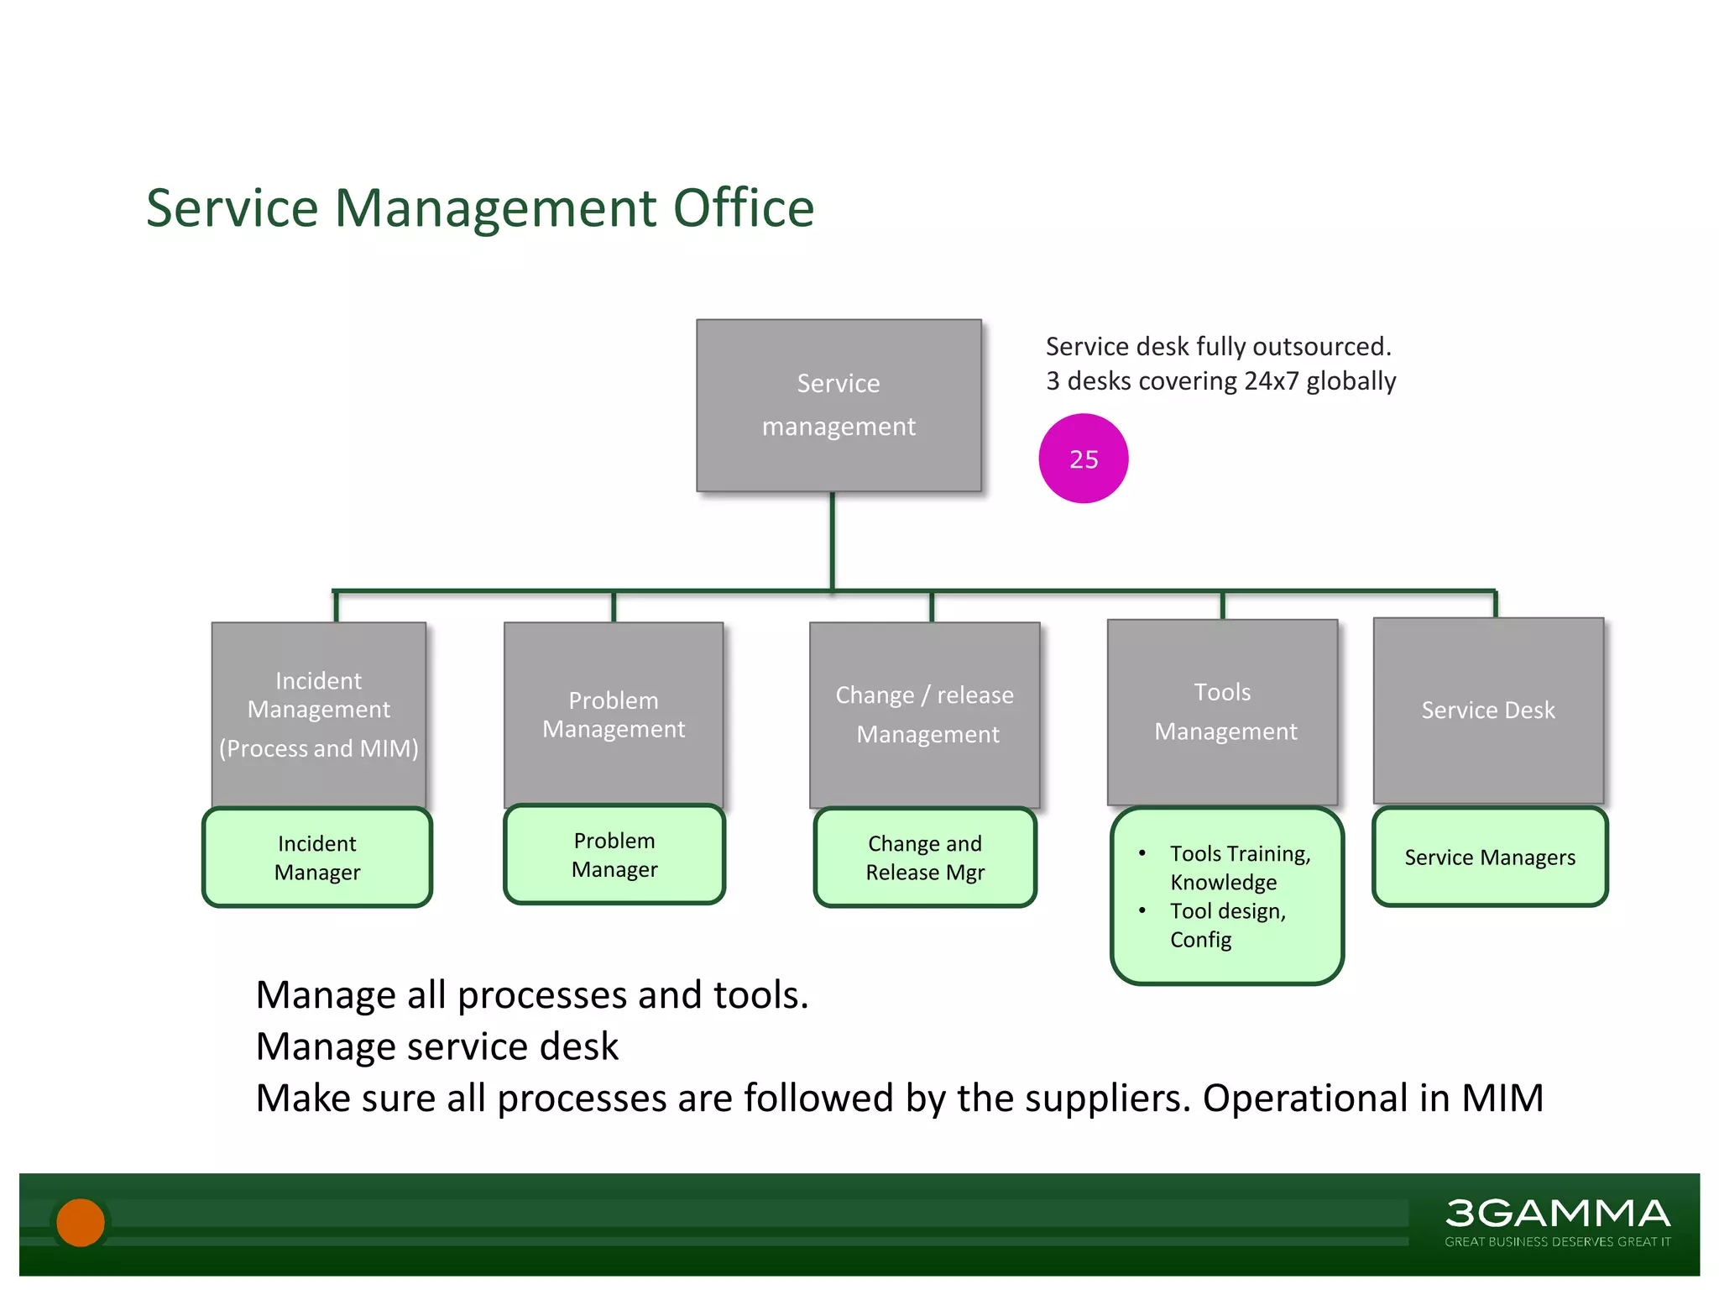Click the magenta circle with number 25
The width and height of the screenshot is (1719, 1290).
point(1083,459)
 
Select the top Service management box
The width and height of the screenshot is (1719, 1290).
point(839,405)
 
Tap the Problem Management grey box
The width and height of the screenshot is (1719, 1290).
point(614,714)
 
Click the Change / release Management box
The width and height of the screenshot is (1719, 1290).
point(924,714)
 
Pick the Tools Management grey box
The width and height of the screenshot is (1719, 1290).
point(1223,711)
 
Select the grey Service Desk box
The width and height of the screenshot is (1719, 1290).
point(1488,711)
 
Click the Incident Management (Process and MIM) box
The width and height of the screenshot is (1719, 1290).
point(319,714)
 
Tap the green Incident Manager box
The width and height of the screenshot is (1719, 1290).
point(317,857)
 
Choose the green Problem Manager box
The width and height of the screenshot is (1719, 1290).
point(614,855)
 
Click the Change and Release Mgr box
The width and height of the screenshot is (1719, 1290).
point(925,857)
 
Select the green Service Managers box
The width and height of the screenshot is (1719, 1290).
point(1490,857)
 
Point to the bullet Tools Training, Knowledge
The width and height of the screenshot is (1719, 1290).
point(1240,868)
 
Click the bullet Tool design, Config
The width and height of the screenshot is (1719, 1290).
point(1227,925)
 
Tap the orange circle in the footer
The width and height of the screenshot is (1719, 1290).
point(81,1222)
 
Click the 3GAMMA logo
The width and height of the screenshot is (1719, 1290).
point(1557,1214)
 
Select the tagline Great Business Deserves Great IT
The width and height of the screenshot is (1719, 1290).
point(1557,1241)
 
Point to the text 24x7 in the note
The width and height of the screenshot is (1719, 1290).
point(1271,381)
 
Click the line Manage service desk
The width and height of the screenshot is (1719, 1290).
point(436,1046)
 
